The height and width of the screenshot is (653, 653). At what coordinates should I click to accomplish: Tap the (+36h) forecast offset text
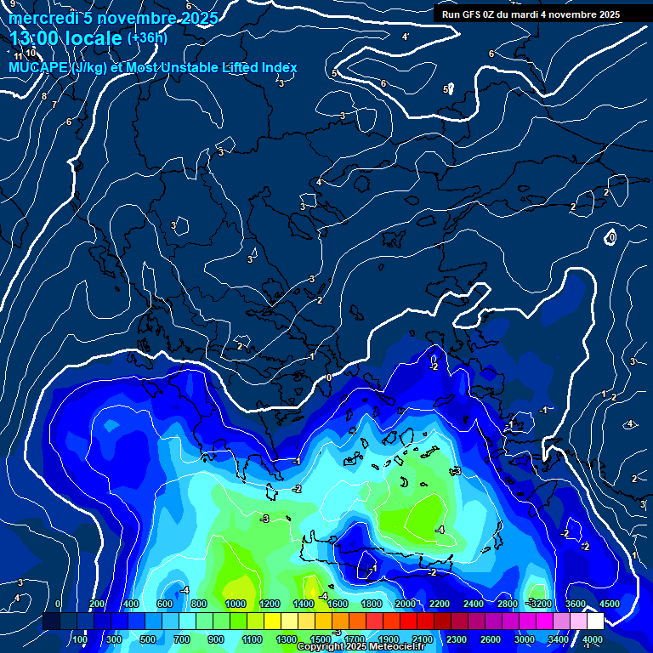click(x=147, y=37)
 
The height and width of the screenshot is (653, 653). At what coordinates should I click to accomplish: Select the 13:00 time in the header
click(x=41, y=38)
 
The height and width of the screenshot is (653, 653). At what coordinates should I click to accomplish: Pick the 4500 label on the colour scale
click(x=610, y=604)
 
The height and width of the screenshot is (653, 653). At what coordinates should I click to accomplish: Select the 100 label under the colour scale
click(x=80, y=639)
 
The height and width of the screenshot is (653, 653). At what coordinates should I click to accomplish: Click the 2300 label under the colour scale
click(x=456, y=639)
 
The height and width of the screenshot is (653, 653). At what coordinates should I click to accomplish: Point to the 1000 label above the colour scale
click(x=236, y=604)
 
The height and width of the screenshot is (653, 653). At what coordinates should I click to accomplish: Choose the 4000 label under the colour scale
click(x=593, y=639)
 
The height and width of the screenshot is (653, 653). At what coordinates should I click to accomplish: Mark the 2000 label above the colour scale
click(x=406, y=604)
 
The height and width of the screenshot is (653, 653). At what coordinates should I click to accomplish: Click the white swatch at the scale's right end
click(x=596, y=622)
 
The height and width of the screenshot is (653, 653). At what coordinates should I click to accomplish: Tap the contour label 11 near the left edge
click(x=19, y=56)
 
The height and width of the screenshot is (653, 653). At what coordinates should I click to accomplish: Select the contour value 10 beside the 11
click(x=31, y=53)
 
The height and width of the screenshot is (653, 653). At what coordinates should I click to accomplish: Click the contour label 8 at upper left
click(x=44, y=96)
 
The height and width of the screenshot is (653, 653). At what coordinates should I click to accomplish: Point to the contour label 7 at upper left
click(x=54, y=104)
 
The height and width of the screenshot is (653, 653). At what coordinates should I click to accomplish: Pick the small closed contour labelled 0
click(x=611, y=237)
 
